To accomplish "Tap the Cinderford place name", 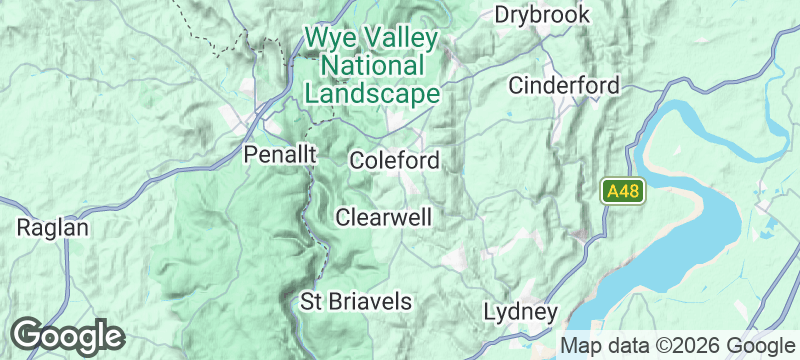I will [x=564, y=85].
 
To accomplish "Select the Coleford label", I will [x=394, y=160].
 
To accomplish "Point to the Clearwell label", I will [x=384, y=217].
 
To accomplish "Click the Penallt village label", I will [x=281, y=155].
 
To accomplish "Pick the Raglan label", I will [x=53, y=228].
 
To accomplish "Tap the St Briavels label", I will [x=356, y=300].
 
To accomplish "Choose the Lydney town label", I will [x=519, y=311].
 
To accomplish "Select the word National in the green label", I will [x=370, y=67].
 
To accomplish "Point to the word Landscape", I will [x=372, y=94].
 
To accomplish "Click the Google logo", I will [x=68, y=335].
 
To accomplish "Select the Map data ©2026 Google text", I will [x=676, y=346].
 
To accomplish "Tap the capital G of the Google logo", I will [x=28, y=334].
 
